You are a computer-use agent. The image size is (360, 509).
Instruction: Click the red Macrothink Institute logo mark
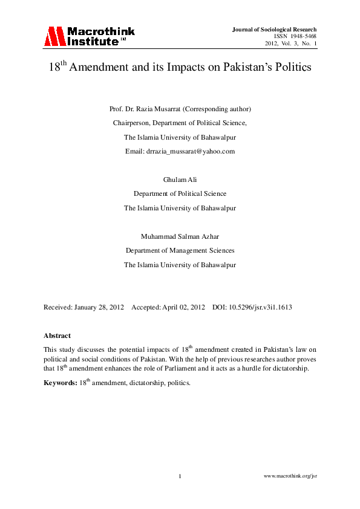pos(53,36)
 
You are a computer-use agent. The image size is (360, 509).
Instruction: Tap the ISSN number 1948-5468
pos(303,36)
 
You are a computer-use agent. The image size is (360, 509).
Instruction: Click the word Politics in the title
pos(290,68)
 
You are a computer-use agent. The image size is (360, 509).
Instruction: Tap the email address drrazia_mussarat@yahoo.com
pos(191,151)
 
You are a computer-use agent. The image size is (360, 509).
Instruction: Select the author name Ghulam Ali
pos(180,180)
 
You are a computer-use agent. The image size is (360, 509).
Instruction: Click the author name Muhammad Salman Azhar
pos(180,236)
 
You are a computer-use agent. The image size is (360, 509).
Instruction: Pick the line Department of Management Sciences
pos(180,250)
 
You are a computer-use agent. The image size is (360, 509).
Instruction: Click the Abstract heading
pos(57,335)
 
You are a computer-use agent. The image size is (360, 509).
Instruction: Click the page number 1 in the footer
pos(180,477)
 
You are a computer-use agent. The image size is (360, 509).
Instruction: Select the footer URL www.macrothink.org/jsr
pos(291,477)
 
